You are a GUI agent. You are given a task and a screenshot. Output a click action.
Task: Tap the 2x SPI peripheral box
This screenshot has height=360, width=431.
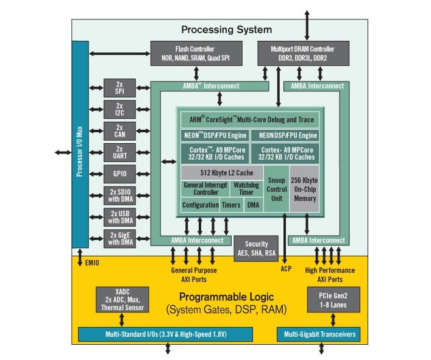click(x=119, y=88)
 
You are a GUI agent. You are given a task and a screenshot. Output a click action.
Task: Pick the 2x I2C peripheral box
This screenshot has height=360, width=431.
click(x=119, y=109)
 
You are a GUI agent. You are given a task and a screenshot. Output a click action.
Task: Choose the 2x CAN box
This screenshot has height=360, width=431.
click(x=119, y=130)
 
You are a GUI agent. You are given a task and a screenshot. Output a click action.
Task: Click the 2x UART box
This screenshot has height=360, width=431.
click(x=119, y=152)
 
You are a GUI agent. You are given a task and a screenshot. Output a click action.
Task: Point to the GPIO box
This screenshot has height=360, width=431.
click(x=119, y=174)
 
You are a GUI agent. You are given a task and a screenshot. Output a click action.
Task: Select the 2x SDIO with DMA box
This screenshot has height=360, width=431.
click(x=119, y=196)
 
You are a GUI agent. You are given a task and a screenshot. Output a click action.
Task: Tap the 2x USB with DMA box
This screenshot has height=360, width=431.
click(x=119, y=217)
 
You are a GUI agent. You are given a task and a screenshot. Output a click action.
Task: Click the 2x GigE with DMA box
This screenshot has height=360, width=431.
click(x=119, y=238)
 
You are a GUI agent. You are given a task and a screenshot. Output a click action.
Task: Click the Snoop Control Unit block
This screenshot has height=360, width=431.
click(x=276, y=189)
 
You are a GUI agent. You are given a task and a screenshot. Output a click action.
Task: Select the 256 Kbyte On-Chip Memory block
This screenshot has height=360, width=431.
click(x=304, y=189)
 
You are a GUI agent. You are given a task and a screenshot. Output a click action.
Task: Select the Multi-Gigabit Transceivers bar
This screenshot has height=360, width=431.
click(x=318, y=334)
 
